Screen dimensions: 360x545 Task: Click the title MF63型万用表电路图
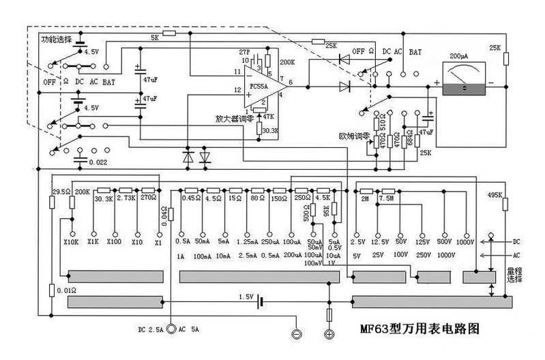click(x=420, y=328)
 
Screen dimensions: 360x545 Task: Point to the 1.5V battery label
click(x=246, y=297)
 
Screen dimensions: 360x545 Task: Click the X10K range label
click(x=70, y=241)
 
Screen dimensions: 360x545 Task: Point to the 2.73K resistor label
click(x=127, y=198)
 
